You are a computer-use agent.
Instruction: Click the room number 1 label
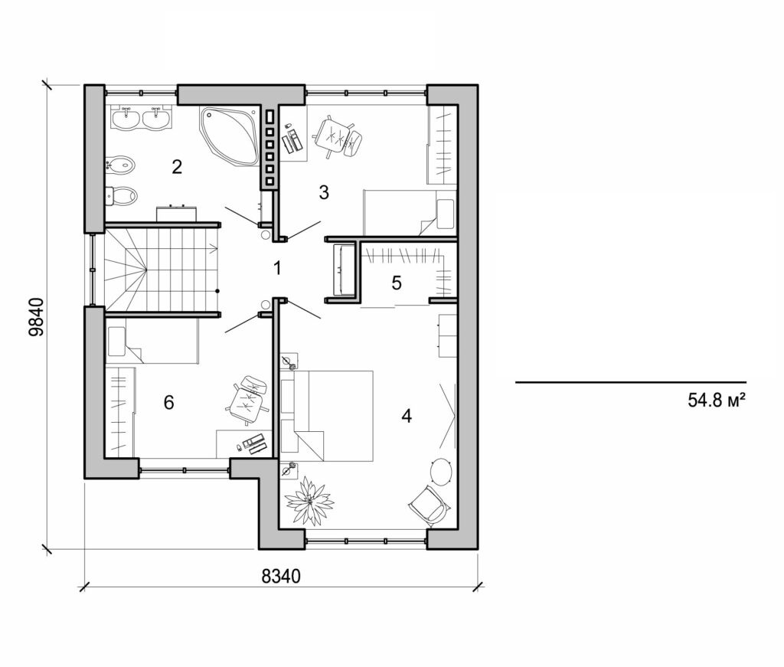point(277,268)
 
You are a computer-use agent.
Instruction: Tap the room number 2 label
point(177,166)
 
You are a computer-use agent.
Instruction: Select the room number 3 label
point(324,192)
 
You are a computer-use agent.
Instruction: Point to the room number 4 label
point(407,416)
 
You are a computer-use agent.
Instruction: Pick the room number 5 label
point(396,283)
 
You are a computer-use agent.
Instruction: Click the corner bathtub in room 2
point(230,134)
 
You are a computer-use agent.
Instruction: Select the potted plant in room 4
point(309,501)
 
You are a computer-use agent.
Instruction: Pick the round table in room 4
point(442,470)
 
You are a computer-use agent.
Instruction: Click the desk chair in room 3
point(337,136)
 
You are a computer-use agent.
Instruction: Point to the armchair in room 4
point(429,504)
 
